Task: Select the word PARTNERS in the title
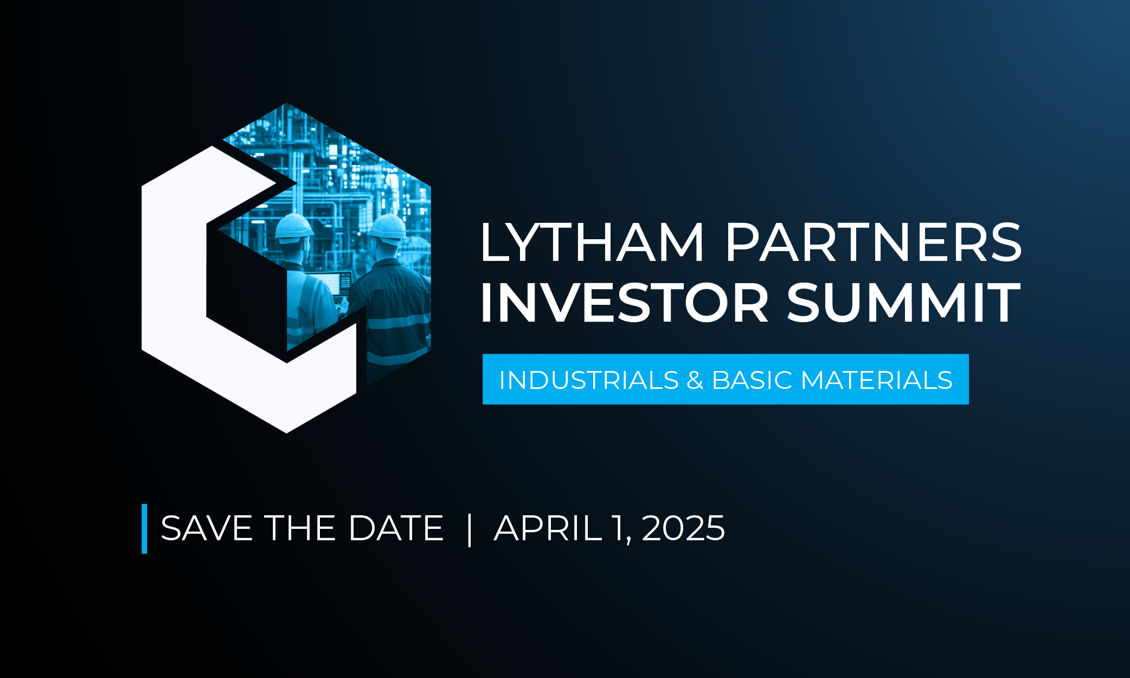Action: coord(873,242)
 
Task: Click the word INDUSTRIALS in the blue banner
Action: coord(589,380)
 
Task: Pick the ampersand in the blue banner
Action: coord(695,380)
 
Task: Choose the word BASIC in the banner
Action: coord(753,380)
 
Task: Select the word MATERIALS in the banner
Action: coord(876,380)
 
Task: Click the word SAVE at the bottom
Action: coord(207,528)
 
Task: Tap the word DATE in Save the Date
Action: coord(396,528)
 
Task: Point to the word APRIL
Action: coord(548,528)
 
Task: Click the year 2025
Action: coord(683,528)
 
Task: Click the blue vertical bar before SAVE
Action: coord(144,529)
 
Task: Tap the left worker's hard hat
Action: coord(294,227)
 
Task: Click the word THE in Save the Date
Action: coord(300,528)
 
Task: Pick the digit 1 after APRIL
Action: coord(618,528)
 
